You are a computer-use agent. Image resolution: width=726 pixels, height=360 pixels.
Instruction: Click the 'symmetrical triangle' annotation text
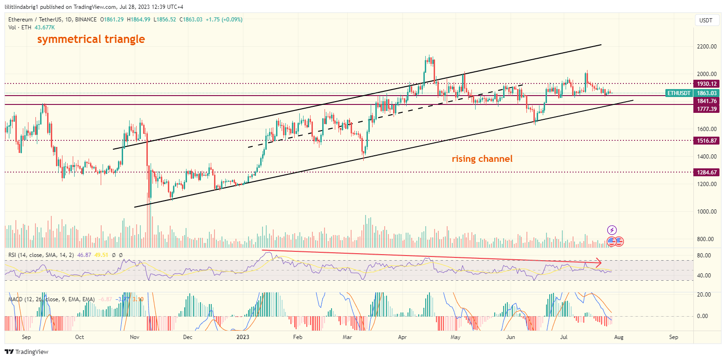pyautogui.click(x=91, y=39)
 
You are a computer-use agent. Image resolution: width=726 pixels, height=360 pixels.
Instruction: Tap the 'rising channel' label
pyautogui.click(x=482, y=159)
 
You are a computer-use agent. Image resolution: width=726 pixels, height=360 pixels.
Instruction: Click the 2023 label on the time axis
pyautogui.click(x=243, y=337)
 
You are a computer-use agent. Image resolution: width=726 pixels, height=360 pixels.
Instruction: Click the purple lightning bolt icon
pyautogui.click(x=612, y=230)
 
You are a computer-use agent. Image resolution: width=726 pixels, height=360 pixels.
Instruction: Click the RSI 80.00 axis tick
pyautogui.click(x=704, y=256)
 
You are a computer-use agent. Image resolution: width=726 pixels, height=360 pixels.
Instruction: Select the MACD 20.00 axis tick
pyautogui.click(x=704, y=295)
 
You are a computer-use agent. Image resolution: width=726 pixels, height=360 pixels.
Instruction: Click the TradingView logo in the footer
pyautogui.click(x=27, y=352)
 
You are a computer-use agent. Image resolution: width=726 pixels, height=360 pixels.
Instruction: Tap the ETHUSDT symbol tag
pyautogui.click(x=678, y=93)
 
